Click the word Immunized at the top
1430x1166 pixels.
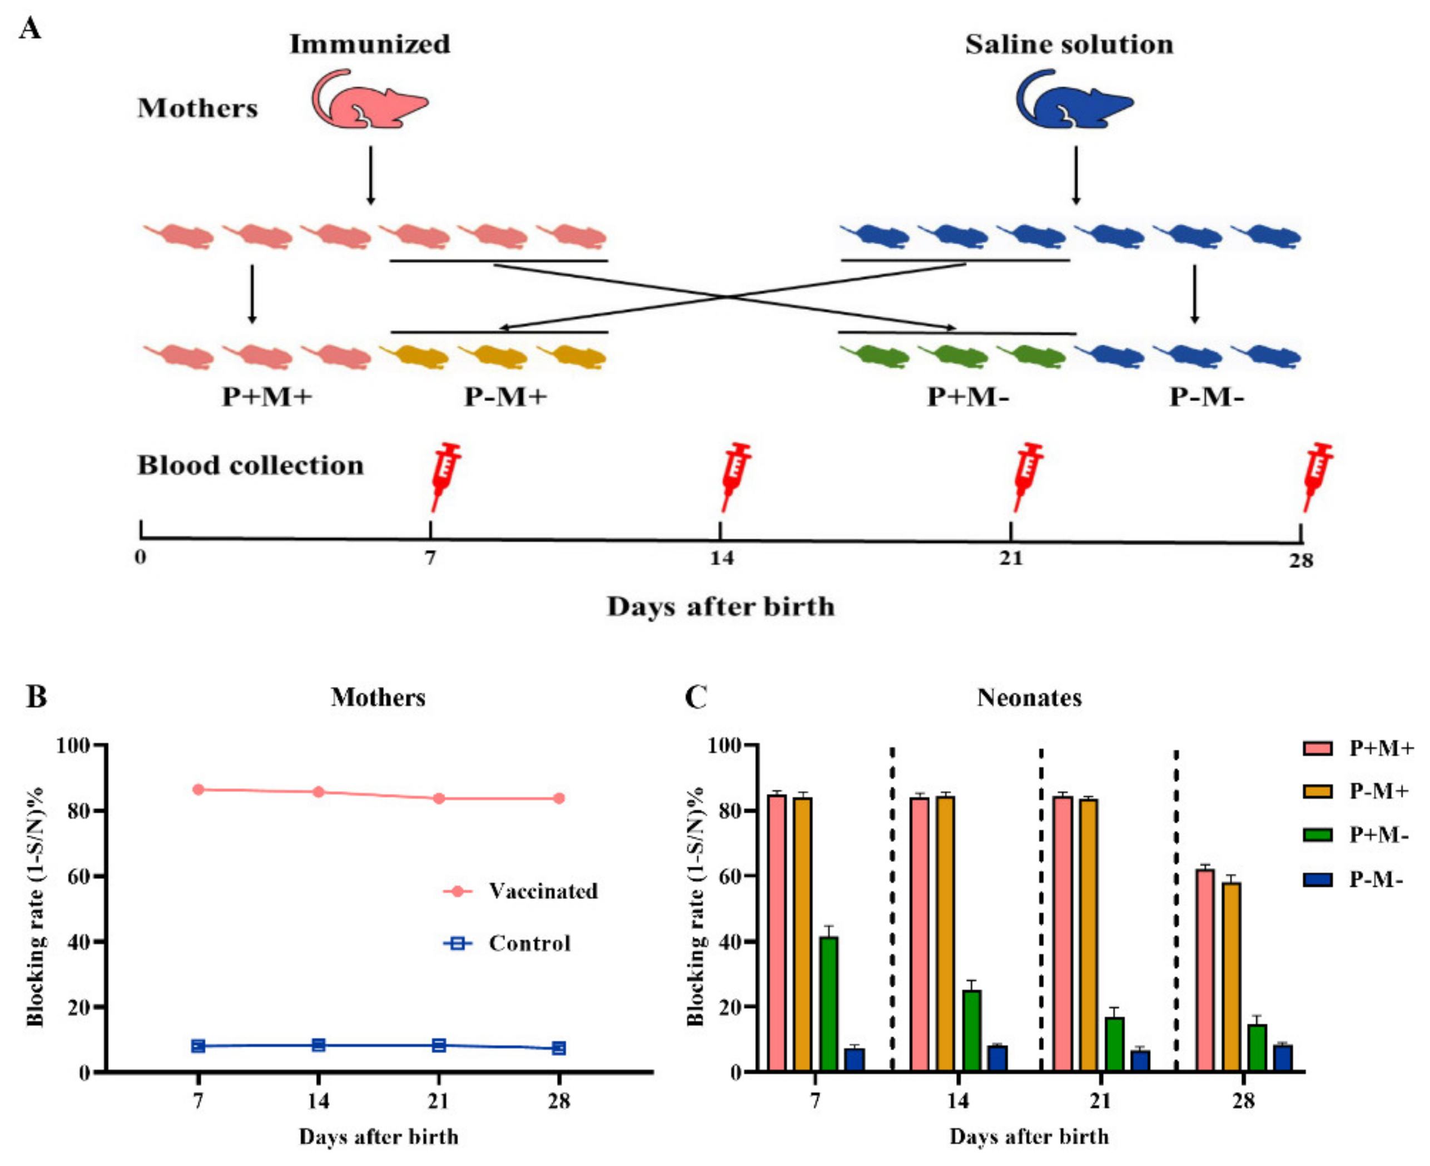[x=370, y=45]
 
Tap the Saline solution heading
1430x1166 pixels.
[x=1069, y=45]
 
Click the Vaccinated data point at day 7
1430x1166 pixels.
[x=198, y=789]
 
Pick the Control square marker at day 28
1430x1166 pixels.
[x=559, y=1048]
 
